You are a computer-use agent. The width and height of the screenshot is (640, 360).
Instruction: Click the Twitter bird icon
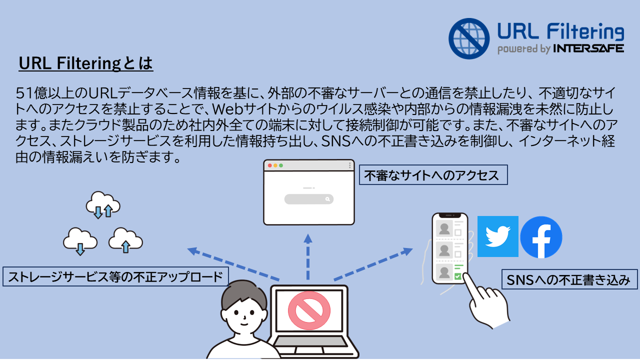(497, 236)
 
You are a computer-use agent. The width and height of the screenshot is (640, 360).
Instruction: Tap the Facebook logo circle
(541, 237)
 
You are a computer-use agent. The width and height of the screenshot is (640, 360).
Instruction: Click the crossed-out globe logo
(469, 38)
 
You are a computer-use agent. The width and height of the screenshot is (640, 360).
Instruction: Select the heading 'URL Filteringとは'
(85, 63)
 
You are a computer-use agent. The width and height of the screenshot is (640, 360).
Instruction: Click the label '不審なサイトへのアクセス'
(433, 175)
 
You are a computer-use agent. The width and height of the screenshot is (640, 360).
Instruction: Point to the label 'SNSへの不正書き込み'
(569, 279)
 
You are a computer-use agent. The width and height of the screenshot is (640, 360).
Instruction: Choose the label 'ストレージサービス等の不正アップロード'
(115, 276)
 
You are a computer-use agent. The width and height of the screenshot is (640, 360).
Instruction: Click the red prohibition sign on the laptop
(309, 310)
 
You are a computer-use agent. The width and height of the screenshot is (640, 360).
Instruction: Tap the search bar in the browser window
(309, 199)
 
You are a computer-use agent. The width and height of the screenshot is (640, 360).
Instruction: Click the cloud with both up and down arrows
(103, 204)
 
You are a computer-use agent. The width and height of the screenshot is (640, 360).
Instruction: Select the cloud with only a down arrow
(80, 241)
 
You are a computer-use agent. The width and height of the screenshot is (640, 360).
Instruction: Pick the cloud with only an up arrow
(125, 240)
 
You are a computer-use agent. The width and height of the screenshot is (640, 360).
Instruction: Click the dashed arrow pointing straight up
(307, 256)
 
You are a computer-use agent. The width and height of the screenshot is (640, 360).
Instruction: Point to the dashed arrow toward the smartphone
(373, 264)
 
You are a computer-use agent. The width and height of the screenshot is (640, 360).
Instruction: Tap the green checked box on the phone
(457, 276)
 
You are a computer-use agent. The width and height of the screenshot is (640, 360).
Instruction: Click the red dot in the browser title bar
(269, 165)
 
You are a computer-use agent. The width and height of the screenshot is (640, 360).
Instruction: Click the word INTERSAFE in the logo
(588, 48)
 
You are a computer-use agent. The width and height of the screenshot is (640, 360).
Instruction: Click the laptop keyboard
(310, 341)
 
